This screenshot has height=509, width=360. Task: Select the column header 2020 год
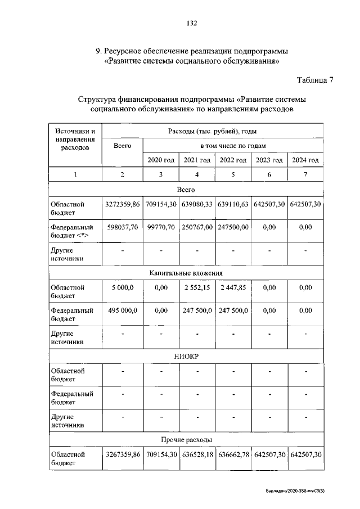click(x=161, y=160)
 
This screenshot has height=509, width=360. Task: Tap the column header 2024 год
click(x=305, y=160)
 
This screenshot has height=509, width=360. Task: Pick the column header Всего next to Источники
click(x=123, y=146)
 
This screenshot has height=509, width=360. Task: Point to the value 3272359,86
click(x=123, y=204)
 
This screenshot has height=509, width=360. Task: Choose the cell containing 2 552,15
click(x=197, y=287)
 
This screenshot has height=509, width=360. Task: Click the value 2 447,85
click(x=233, y=287)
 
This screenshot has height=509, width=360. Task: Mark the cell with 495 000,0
click(x=123, y=310)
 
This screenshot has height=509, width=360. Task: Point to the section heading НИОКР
click(x=186, y=356)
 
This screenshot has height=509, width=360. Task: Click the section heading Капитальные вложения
click(x=186, y=273)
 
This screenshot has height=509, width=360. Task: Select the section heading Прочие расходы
click(x=186, y=439)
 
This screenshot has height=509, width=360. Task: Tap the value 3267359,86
click(x=123, y=454)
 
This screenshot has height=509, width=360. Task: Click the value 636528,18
click(x=197, y=454)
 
